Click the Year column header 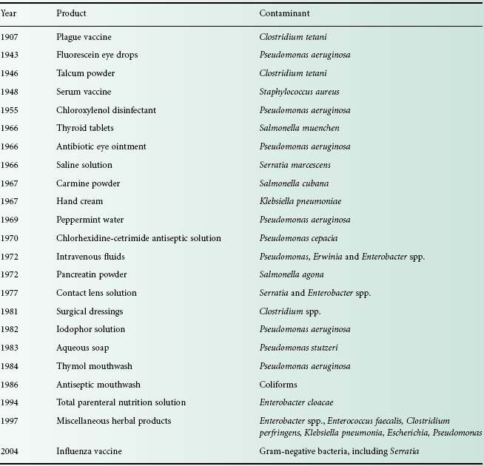(x=8, y=13)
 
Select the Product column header (x=71, y=13)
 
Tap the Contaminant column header (x=284, y=13)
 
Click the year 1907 (x=10, y=36)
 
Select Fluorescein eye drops (x=97, y=55)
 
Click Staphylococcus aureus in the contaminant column (x=299, y=92)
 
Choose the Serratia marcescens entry (x=293, y=165)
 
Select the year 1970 (x=10, y=238)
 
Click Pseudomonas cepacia (x=294, y=238)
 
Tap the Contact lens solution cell (x=96, y=293)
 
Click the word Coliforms (x=277, y=385)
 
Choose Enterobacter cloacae (x=294, y=402)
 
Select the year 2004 (x=10, y=450)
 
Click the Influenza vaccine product (x=89, y=450)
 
